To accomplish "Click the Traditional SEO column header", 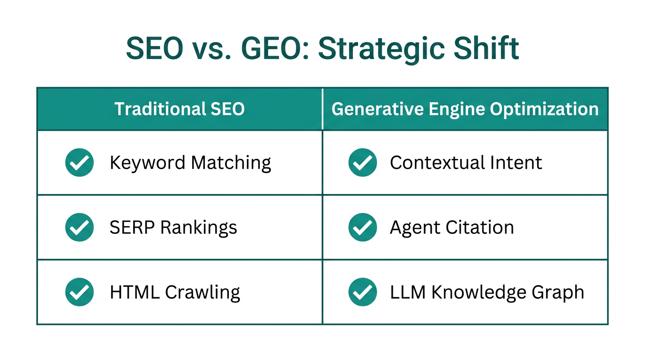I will point(180,109).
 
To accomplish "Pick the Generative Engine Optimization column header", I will point(465,109).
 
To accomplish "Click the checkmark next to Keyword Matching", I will point(79,163).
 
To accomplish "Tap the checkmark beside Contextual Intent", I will point(363,163).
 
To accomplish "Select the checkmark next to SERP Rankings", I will point(79,227).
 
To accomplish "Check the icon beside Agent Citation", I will point(363,227).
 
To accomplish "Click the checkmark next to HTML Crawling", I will point(79,292).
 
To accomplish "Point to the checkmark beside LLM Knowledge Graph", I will point(363,292).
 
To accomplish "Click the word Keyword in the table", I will point(148,163).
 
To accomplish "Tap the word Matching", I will point(231,163).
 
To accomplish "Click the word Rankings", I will point(199,228).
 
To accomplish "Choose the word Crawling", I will point(202,292).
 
